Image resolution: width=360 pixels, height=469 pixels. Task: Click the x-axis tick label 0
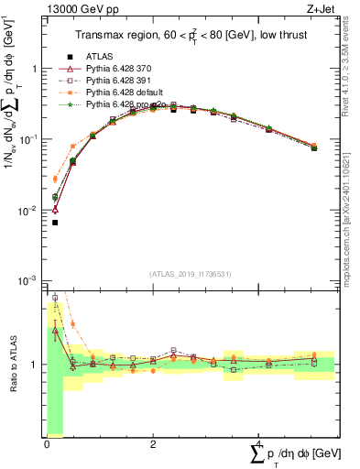tap(47, 444)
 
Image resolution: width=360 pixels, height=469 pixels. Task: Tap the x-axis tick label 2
tap(153, 444)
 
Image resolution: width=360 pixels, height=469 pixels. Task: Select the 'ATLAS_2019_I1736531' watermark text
tap(191, 274)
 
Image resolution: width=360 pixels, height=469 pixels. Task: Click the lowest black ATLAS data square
tap(55, 223)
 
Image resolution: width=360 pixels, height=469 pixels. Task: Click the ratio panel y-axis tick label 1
tap(37, 365)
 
